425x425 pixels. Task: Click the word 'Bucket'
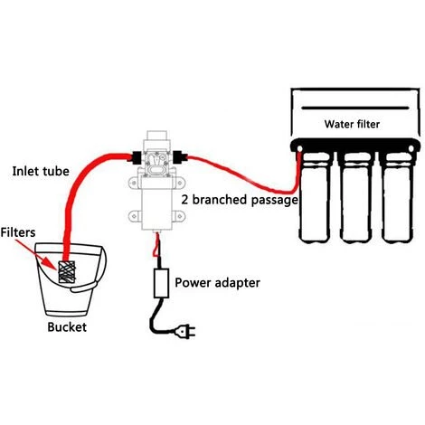pyautogui.click(x=67, y=326)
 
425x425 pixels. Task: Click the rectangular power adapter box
pyautogui.click(x=164, y=284)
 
